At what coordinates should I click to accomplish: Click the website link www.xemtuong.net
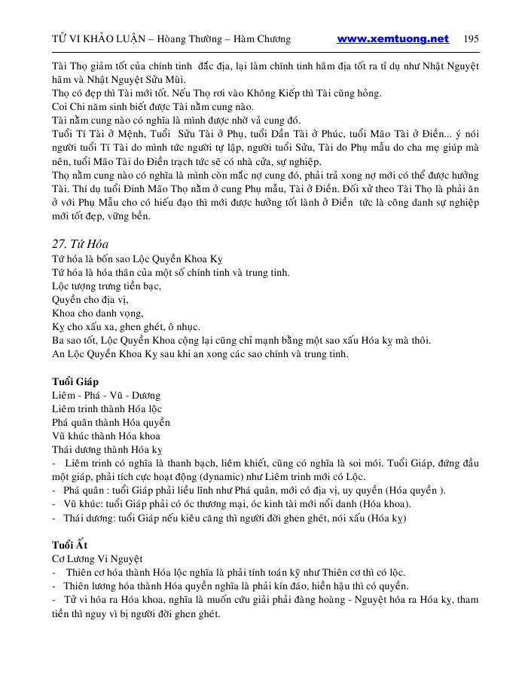click(392, 38)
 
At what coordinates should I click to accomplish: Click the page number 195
click(471, 38)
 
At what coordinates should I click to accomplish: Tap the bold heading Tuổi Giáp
click(75, 382)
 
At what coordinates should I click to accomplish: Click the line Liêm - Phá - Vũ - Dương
click(106, 396)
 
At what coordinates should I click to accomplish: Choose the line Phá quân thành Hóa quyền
click(111, 423)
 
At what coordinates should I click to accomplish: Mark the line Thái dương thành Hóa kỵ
click(108, 450)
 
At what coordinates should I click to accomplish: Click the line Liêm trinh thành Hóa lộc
click(107, 409)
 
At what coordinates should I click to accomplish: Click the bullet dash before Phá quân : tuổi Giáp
click(54, 491)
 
